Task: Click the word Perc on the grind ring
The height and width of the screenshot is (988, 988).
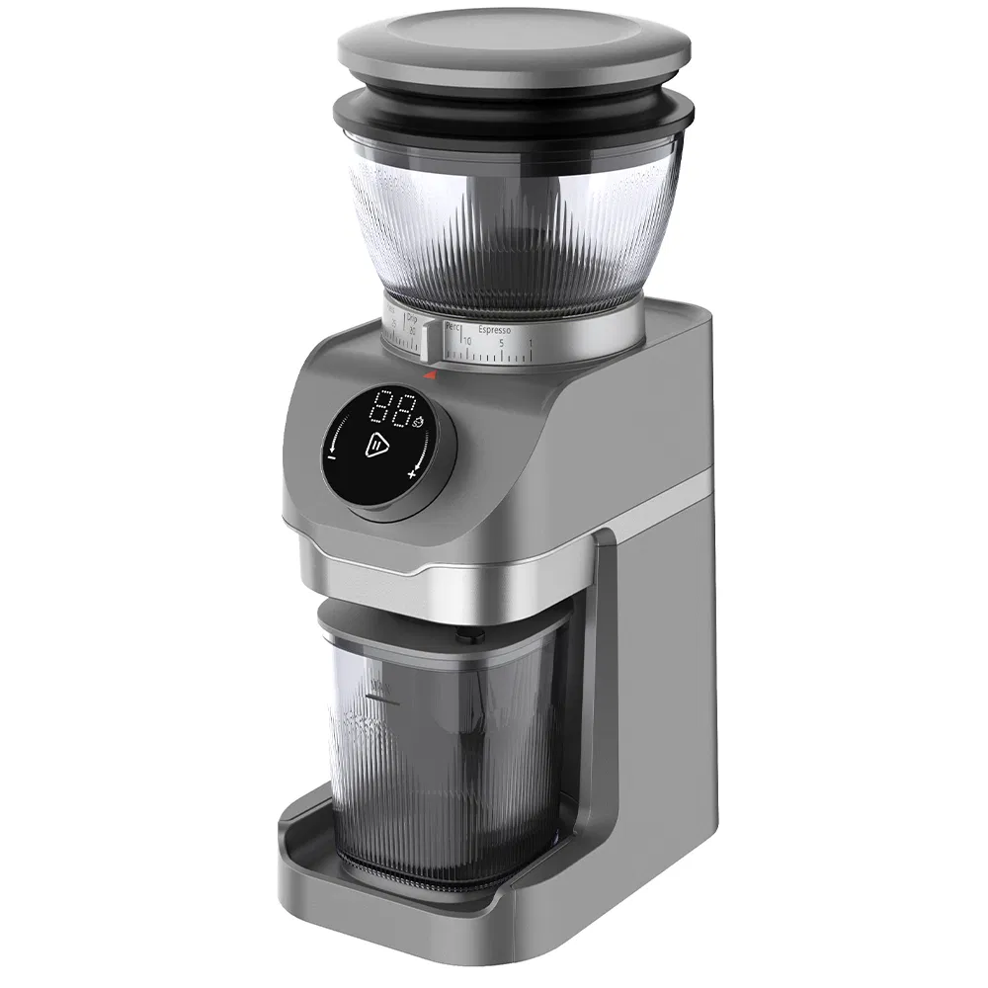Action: tap(454, 325)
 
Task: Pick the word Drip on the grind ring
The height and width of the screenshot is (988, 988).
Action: tap(412, 321)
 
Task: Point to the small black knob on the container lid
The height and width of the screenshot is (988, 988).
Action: tap(464, 637)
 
